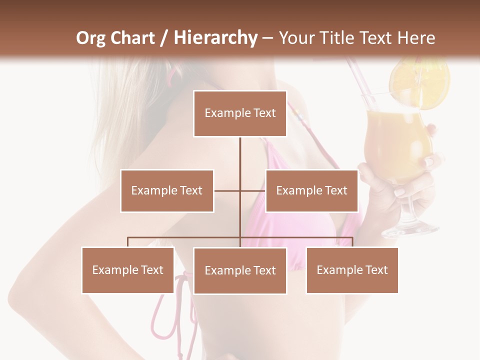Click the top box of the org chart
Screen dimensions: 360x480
pos(240,113)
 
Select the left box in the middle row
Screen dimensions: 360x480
pos(167,190)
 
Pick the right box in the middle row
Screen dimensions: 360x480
pos(311,190)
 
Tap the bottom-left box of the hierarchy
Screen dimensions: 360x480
pos(128,270)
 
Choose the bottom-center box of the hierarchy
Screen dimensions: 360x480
pos(240,270)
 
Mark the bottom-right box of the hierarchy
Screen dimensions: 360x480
pos(352,270)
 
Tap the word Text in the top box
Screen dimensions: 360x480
pos(264,113)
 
